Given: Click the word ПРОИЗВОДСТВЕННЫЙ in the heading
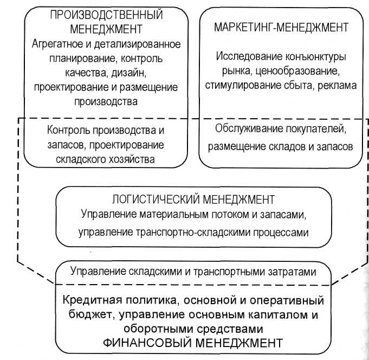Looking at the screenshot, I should point(106,15).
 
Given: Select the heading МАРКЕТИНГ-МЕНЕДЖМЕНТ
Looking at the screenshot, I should point(281,27).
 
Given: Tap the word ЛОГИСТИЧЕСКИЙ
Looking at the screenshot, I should point(149,198).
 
